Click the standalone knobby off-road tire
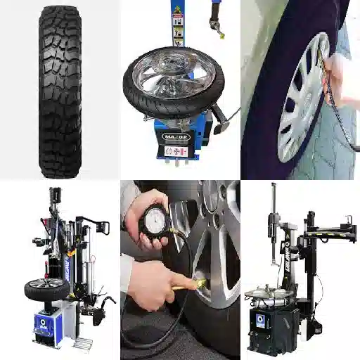[60, 91]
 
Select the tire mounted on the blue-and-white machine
[46, 288]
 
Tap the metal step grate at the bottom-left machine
[83, 345]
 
